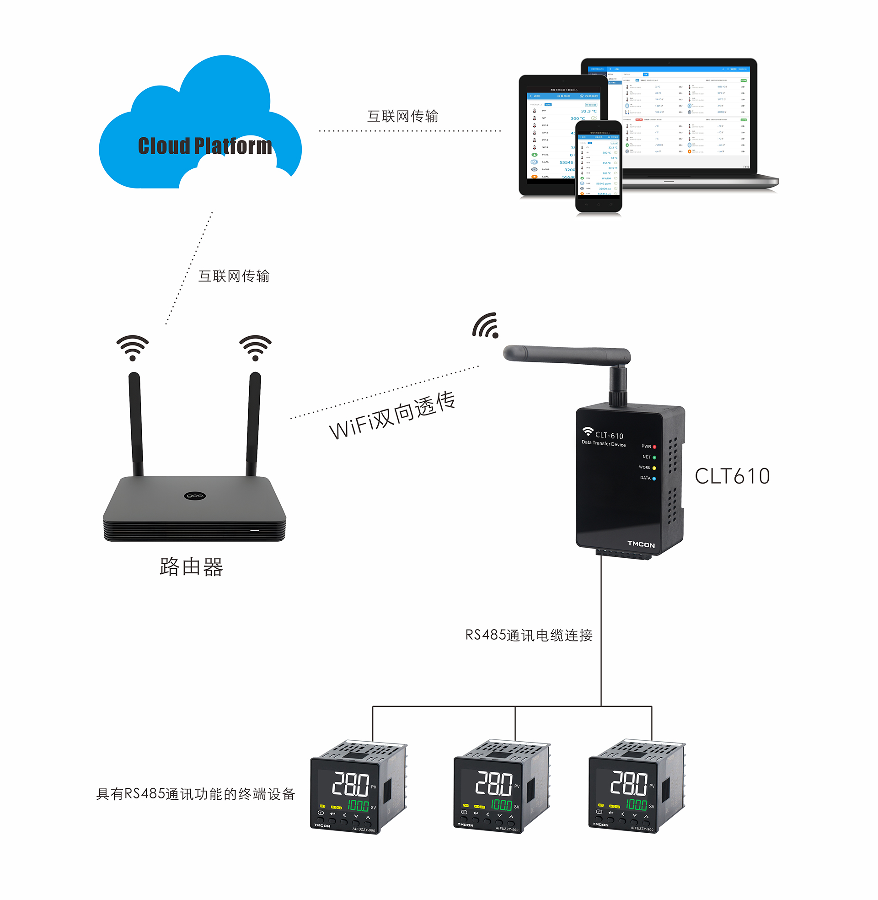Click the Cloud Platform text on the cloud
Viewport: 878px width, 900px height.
coord(205,146)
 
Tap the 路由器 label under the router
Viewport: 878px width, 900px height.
coord(191,566)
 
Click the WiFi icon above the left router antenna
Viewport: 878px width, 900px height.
coord(132,347)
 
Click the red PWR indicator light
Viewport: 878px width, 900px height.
coord(654,447)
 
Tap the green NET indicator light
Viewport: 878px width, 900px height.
coord(654,457)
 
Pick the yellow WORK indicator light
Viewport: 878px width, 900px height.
coord(654,468)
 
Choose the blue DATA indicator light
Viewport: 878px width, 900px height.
coord(654,479)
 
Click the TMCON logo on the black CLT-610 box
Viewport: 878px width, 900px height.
coord(641,544)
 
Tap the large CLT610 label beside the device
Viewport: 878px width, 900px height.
coord(732,476)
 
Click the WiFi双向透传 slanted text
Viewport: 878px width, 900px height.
coord(392,415)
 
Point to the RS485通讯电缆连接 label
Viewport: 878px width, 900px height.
coord(529,635)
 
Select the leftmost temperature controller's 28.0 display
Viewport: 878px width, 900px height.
coord(350,784)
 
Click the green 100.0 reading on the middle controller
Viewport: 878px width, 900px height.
coord(501,805)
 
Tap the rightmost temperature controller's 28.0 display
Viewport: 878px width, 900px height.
coord(629,783)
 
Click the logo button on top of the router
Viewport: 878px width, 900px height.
coord(194,496)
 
